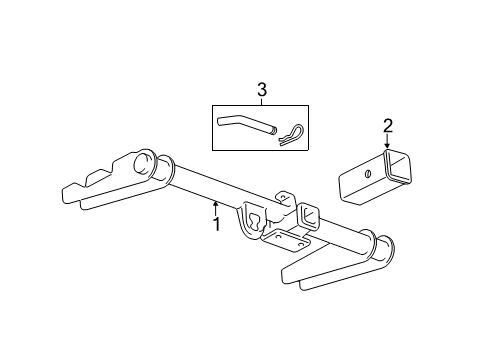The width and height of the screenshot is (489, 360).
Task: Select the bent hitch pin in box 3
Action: tap(240, 126)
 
